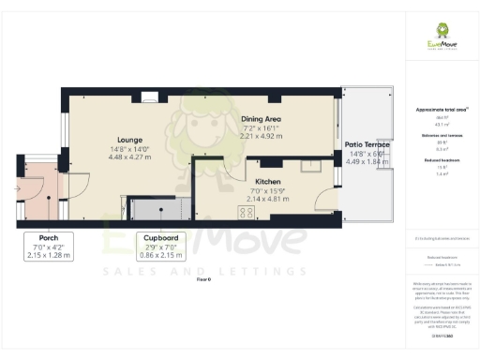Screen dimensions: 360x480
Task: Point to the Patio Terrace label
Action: coord(367,144)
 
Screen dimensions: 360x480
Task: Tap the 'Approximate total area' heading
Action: coord(437,110)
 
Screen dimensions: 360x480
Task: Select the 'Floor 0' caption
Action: coord(202,279)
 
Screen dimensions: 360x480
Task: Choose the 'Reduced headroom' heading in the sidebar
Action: coord(437,161)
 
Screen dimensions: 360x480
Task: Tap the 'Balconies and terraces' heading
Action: coord(437,135)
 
